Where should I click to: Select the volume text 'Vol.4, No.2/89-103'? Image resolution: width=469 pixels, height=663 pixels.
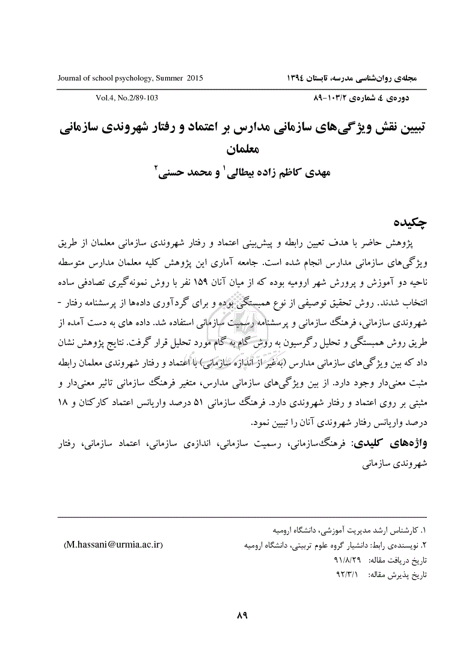point(126,97)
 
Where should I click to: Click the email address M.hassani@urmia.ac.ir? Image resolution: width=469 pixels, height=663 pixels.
point(113,545)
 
